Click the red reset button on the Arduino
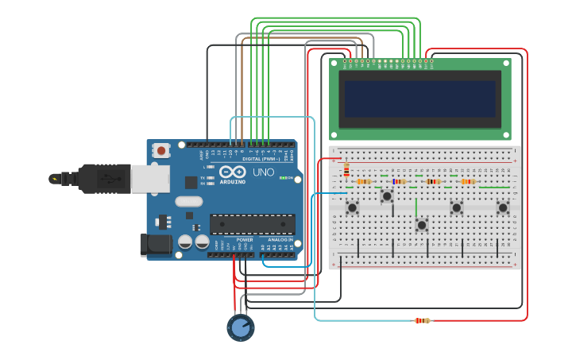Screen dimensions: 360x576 (162, 149)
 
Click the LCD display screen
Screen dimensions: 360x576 (420, 99)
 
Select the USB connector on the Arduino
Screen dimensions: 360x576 (149, 179)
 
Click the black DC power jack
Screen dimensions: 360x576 (155, 244)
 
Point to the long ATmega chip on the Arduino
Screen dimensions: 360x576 (252, 224)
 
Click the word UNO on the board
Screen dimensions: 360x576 (263, 172)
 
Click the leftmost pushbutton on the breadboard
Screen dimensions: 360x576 (352, 207)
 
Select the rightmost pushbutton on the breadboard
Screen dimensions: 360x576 (503, 207)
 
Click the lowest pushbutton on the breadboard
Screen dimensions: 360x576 (422, 225)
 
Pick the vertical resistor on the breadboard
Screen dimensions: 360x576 (346, 169)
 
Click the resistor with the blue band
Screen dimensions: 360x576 (399, 181)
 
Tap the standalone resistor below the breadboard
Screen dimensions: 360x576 (422, 320)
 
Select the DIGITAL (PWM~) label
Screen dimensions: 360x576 (257, 159)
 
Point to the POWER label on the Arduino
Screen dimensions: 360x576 (245, 239)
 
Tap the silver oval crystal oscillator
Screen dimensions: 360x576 (189, 201)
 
